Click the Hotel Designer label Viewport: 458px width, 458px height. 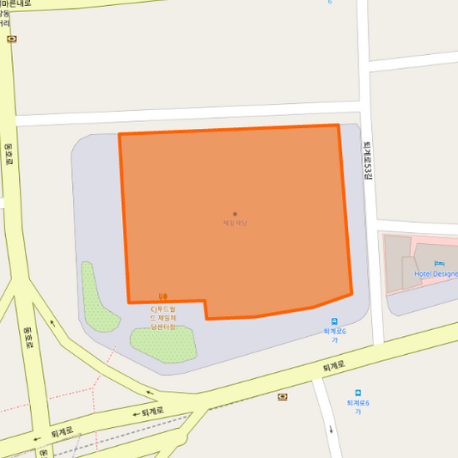click(437, 274)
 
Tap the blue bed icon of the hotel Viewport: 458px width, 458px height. click(439, 264)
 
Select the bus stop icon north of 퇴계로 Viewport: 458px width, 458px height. click(334, 321)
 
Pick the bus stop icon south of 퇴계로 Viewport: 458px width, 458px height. click(357, 393)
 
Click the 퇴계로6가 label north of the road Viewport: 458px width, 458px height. click(334, 335)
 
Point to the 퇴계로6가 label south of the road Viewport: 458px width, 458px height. click(357, 406)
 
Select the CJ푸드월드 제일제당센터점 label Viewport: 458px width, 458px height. click(163, 317)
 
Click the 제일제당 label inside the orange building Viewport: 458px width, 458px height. click(235, 223)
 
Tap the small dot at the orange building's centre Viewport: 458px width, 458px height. click(235, 214)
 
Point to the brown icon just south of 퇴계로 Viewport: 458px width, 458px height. click(283, 396)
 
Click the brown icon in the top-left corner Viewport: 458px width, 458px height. click(10, 39)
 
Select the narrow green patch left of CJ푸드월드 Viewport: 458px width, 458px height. click(95, 297)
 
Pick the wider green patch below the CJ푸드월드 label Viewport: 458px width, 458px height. click(163, 342)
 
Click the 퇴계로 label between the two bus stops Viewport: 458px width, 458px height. click(333, 365)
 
